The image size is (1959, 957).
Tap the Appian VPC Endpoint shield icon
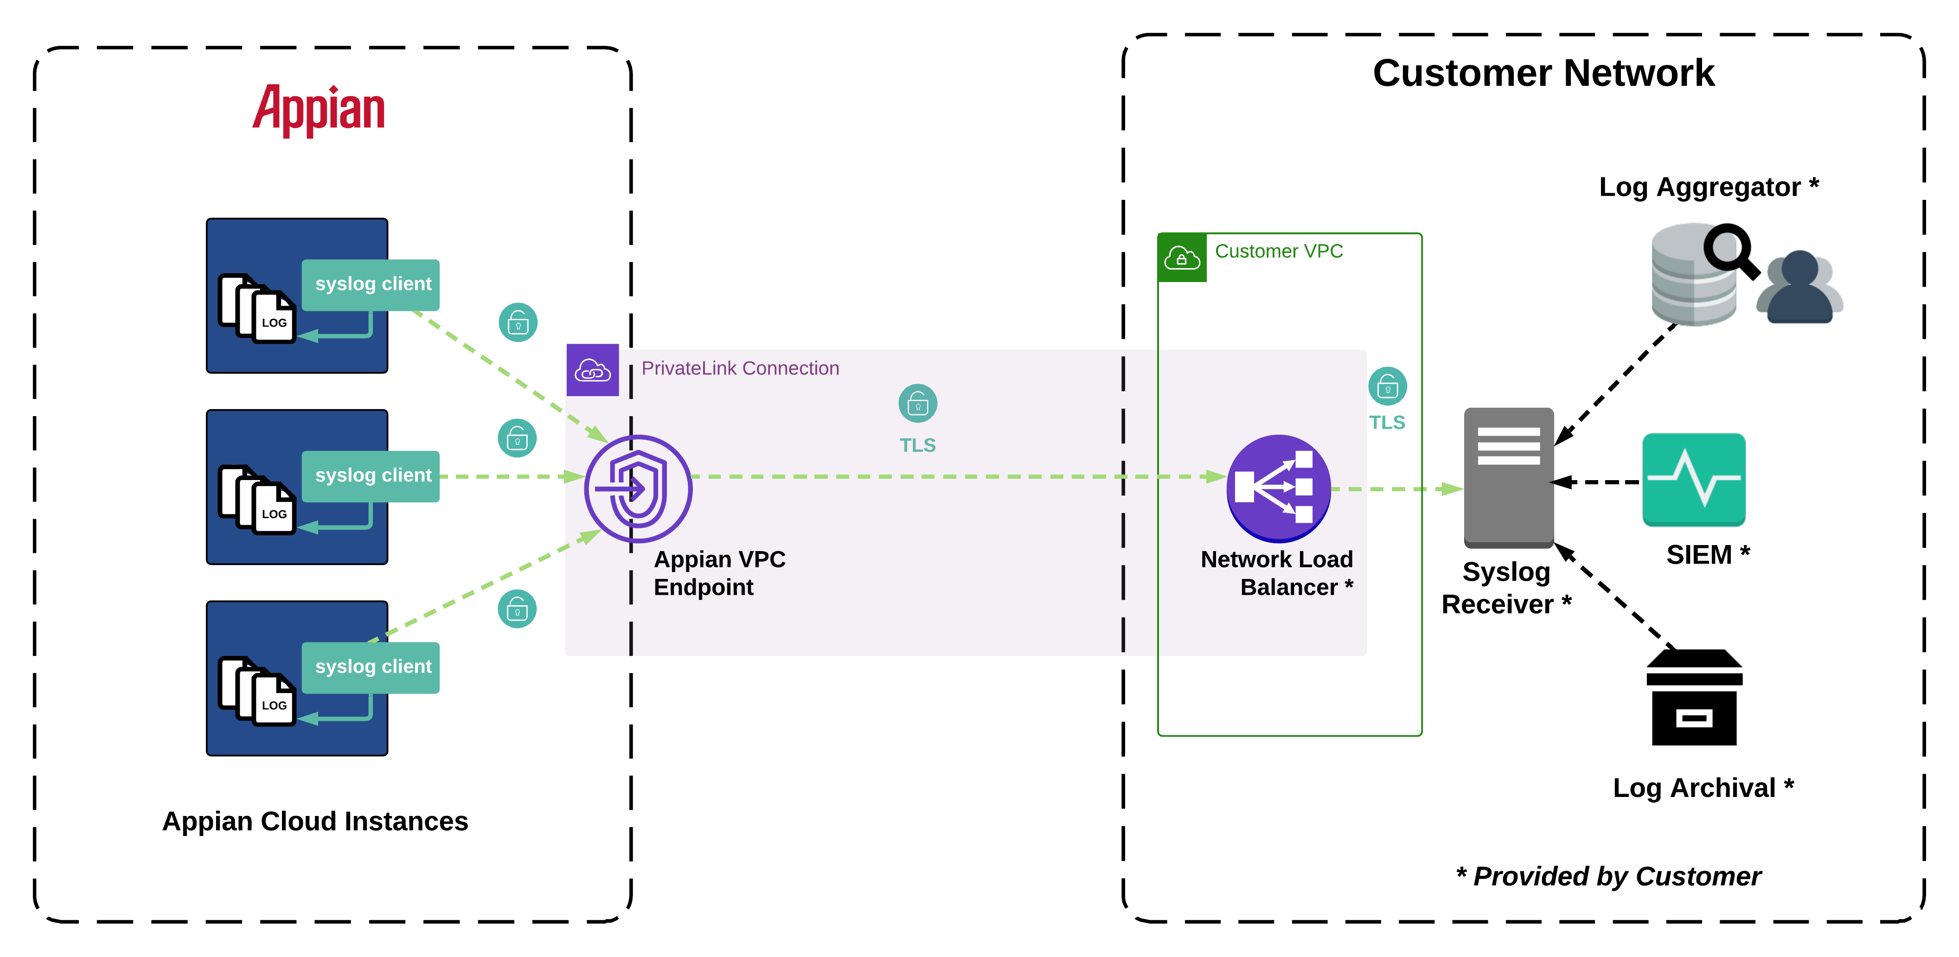[x=638, y=488]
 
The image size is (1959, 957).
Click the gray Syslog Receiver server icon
[x=1508, y=477]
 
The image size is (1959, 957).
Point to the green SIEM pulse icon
[x=1694, y=479]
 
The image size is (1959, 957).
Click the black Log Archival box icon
[x=1694, y=698]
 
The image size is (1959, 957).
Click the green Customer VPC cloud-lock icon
[x=1182, y=258]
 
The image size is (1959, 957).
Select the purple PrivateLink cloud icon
[x=592, y=371]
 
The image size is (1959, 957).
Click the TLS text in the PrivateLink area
[x=917, y=445]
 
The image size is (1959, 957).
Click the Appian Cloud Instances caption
[x=315, y=822]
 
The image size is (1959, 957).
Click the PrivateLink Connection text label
[x=740, y=368]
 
